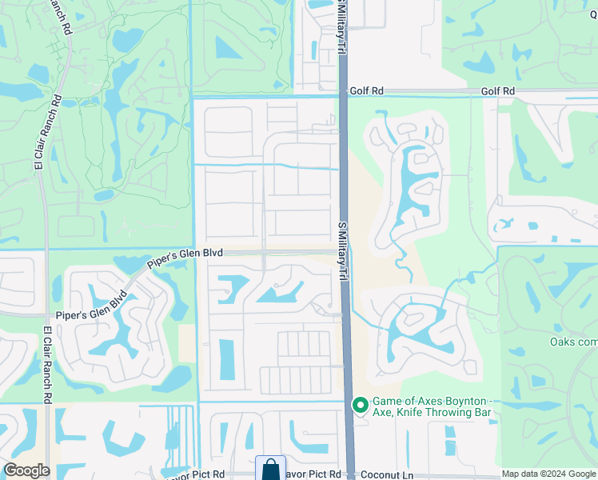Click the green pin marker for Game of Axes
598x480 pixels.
tap(359, 406)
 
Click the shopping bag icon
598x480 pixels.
tap(270, 469)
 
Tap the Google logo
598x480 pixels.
tap(26, 470)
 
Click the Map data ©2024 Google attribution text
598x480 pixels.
tap(548, 474)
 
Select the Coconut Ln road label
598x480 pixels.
tap(387, 474)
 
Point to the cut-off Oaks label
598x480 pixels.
tap(573, 342)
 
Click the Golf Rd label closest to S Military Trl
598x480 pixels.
tap(363, 92)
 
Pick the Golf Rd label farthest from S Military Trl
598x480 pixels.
tap(497, 92)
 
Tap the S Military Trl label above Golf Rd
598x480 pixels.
tap(341, 27)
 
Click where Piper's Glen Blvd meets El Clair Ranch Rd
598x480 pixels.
tap(47, 317)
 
